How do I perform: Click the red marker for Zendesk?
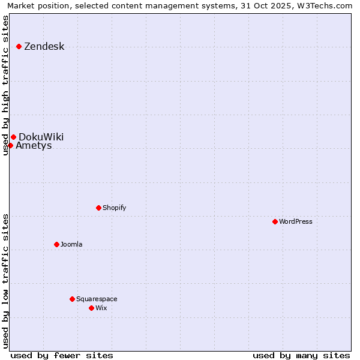[19, 46]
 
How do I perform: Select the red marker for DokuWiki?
[13, 137]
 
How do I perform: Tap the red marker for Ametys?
[10, 145]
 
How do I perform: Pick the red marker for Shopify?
[98, 208]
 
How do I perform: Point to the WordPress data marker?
[275, 221]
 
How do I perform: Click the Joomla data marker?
[56, 244]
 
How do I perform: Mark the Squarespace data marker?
[72, 299]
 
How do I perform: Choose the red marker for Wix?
[91, 308]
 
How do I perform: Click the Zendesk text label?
[44, 47]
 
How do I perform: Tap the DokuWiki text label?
[41, 137]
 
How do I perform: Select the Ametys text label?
[34, 146]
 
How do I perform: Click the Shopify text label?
[114, 208]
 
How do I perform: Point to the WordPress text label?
[295, 221]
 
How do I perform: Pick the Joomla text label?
[71, 244]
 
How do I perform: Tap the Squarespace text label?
[97, 299]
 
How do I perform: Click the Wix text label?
[101, 308]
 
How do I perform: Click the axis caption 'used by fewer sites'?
[62, 355]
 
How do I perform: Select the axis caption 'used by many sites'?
[301, 355]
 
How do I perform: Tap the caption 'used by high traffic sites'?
[5, 85]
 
